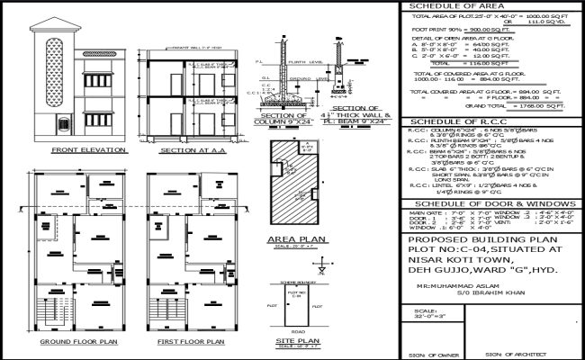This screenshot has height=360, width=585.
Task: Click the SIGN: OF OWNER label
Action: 431,354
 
